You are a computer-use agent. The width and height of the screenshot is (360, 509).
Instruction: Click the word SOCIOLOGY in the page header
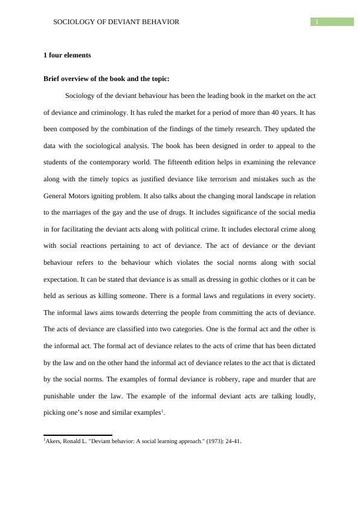pos(75,22)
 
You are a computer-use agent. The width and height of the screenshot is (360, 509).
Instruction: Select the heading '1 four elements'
pos(67,55)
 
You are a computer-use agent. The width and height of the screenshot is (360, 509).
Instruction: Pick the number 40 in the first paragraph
pos(250,112)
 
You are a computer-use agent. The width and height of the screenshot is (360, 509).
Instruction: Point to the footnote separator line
pos(78,435)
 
